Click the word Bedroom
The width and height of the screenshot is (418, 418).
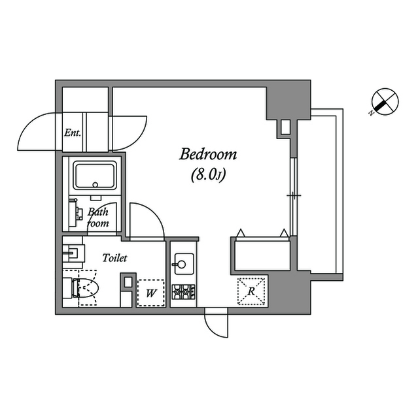click(x=208, y=154)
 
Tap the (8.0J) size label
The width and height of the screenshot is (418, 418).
click(x=209, y=174)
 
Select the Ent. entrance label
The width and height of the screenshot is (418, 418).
click(x=73, y=133)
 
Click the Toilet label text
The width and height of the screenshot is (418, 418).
click(x=114, y=258)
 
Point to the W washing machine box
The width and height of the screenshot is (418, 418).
click(x=151, y=293)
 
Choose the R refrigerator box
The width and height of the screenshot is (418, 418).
click(x=251, y=291)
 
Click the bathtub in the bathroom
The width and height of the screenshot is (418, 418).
click(x=95, y=175)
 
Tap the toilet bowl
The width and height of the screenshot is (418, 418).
click(x=86, y=288)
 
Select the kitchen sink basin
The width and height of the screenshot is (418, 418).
click(x=184, y=264)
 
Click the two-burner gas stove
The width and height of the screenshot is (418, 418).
click(x=183, y=292)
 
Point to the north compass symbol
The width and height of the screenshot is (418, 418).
click(x=385, y=102)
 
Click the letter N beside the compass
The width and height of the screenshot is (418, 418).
click(x=371, y=113)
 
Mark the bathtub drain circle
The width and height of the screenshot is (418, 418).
click(x=96, y=185)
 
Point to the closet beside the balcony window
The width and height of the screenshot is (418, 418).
click(x=262, y=255)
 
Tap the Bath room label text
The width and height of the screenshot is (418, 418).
click(x=98, y=217)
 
